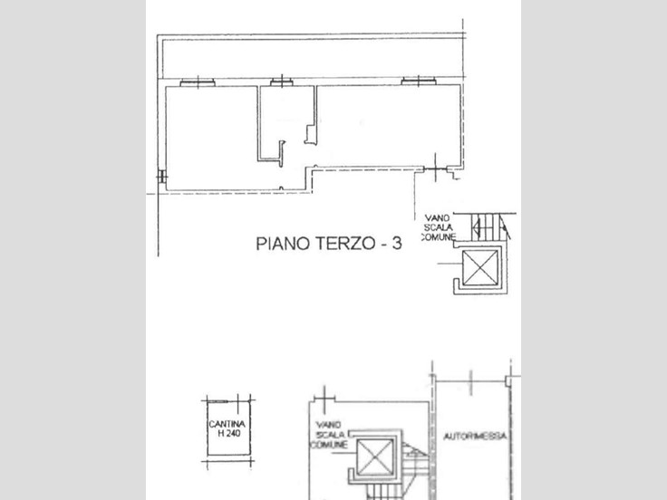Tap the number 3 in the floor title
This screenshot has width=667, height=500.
click(x=396, y=244)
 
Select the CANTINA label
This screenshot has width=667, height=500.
click(x=227, y=424)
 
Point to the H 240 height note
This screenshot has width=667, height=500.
click(x=229, y=434)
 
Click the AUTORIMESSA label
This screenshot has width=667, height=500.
click(x=475, y=437)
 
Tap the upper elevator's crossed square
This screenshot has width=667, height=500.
click(x=479, y=267)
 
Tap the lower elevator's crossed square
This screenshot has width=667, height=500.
click(x=375, y=457)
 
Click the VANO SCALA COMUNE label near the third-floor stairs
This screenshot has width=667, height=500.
click(x=439, y=227)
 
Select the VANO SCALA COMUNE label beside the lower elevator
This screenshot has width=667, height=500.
click(x=329, y=435)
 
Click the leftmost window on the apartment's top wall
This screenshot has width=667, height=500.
click(x=198, y=82)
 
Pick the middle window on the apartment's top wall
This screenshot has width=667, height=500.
click(x=282, y=82)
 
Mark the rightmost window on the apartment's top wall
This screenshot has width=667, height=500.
click(x=419, y=81)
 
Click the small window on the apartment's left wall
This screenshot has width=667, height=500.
click(x=161, y=177)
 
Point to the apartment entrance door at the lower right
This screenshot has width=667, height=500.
click(x=435, y=169)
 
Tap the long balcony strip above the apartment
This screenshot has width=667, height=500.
click(x=313, y=59)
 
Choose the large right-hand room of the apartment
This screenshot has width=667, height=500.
click(x=387, y=125)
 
